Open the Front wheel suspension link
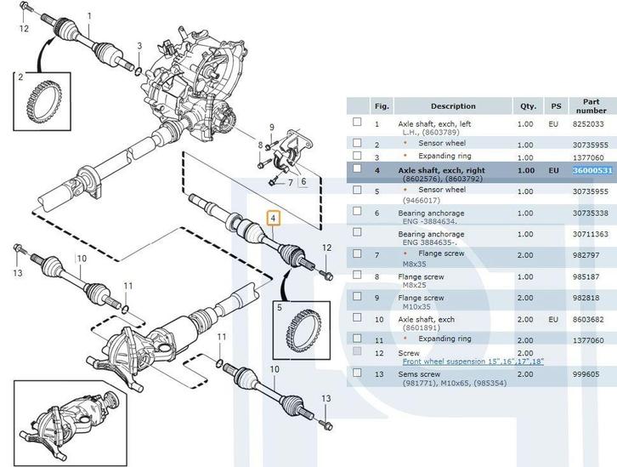click(473, 362)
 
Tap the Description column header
click(453, 106)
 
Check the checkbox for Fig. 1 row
click(357, 123)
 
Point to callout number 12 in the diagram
click(24, 29)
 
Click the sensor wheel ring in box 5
click(299, 327)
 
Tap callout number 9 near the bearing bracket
click(271, 128)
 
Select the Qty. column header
click(529, 106)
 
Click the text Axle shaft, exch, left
click(434, 123)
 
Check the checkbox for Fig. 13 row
click(357, 373)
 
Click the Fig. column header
click(382, 106)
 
